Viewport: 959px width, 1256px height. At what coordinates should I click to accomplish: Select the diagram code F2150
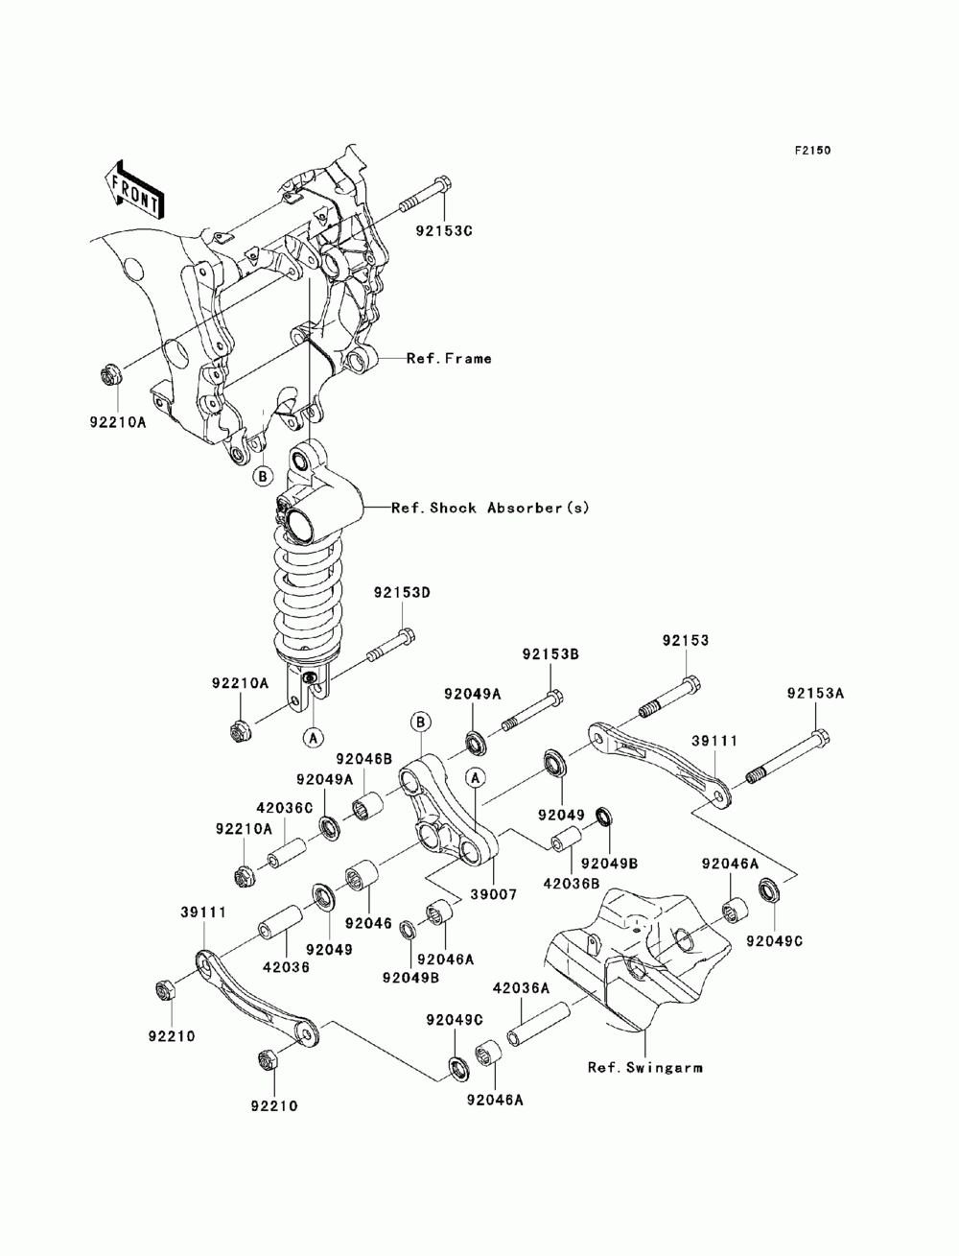812,151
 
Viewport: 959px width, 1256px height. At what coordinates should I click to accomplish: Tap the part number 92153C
444,232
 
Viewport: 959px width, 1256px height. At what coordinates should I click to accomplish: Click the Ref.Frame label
449,359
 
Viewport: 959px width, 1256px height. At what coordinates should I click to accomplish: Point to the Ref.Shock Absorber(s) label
490,508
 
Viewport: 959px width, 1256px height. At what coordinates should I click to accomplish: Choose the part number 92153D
402,593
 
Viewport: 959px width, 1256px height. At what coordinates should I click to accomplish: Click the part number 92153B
550,654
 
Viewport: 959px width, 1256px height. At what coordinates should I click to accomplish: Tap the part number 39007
494,894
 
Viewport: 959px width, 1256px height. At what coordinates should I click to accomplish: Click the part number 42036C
285,808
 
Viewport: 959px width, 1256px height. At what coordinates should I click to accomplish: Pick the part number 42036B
572,884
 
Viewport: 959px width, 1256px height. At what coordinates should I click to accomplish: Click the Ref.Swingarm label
645,1068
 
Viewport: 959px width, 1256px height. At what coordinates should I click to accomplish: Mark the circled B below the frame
263,476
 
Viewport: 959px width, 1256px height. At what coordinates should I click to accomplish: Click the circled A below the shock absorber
313,738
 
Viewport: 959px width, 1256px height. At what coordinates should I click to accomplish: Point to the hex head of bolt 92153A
821,738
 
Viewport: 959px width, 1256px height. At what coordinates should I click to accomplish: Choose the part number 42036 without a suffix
286,967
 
